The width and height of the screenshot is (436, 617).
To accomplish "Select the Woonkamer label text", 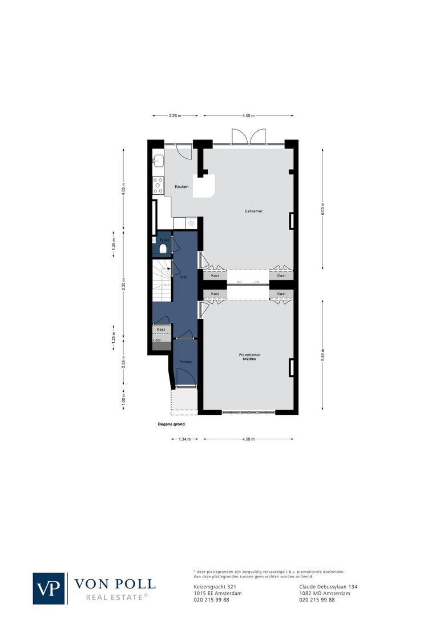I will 249,355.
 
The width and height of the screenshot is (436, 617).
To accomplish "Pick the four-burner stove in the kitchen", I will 158,186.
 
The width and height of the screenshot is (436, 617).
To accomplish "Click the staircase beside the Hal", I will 163,280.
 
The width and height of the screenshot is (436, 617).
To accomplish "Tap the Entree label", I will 185,362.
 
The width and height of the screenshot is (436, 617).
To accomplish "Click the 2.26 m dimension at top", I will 175,116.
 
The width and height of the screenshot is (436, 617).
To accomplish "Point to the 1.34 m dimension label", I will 184,439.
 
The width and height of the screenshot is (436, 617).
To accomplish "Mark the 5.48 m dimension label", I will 322,354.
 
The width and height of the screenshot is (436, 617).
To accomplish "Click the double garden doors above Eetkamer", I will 249,137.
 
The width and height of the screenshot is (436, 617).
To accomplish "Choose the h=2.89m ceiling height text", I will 249,359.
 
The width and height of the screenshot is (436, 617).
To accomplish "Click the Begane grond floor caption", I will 171,424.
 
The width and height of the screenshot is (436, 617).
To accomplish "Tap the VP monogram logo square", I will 49,588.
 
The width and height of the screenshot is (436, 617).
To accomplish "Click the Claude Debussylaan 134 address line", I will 329,587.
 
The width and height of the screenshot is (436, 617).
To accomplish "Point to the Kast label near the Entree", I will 161,330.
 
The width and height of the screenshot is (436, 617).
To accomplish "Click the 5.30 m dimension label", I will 124,284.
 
